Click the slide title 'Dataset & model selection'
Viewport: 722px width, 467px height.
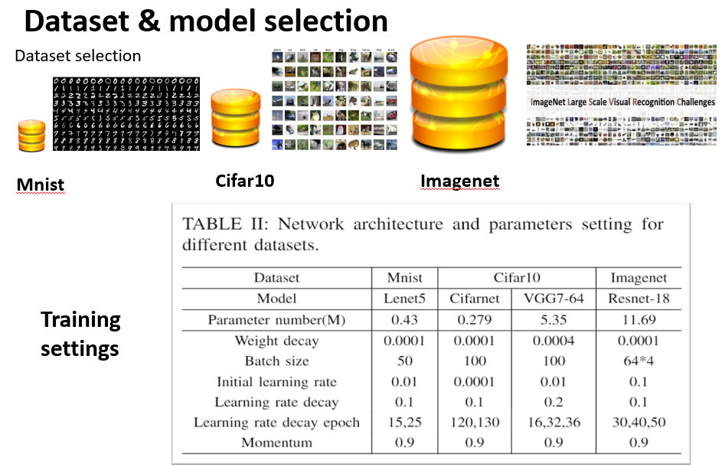[x=206, y=21]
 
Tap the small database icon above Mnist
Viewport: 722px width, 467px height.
[x=31, y=136]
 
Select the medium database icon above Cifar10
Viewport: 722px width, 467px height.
[x=235, y=119]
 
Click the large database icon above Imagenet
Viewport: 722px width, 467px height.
[x=459, y=96]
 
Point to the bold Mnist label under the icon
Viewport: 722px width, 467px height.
[x=41, y=185]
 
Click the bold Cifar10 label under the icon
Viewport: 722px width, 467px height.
[x=244, y=181]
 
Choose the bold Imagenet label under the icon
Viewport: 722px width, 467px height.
[x=459, y=181]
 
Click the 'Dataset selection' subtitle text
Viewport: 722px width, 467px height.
[x=78, y=56]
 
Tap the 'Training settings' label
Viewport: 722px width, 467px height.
[x=80, y=334]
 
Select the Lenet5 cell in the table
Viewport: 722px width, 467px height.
[x=404, y=299]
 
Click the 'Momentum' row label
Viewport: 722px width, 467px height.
[x=276, y=443]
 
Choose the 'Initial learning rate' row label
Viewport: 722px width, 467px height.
[x=276, y=381]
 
